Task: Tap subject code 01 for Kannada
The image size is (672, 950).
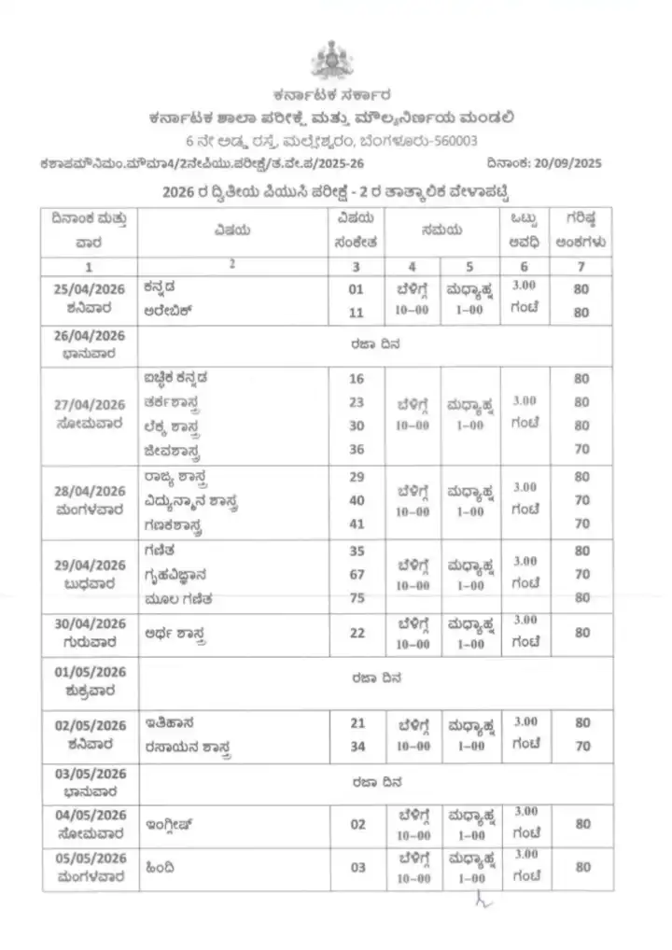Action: [x=356, y=289]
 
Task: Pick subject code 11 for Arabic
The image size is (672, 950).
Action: [x=356, y=313]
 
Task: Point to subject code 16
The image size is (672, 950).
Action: [x=356, y=378]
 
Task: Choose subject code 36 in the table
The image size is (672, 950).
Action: [x=356, y=449]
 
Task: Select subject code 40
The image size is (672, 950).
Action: [x=356, y=499]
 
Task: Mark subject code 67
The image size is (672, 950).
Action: [x=356, y=574]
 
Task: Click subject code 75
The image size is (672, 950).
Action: [x=356, y=597]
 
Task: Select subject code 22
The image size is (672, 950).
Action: [x=356, y=633]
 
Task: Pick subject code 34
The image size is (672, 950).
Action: [x=356, y=746]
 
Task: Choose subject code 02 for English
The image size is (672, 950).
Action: [x=356, y=824]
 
